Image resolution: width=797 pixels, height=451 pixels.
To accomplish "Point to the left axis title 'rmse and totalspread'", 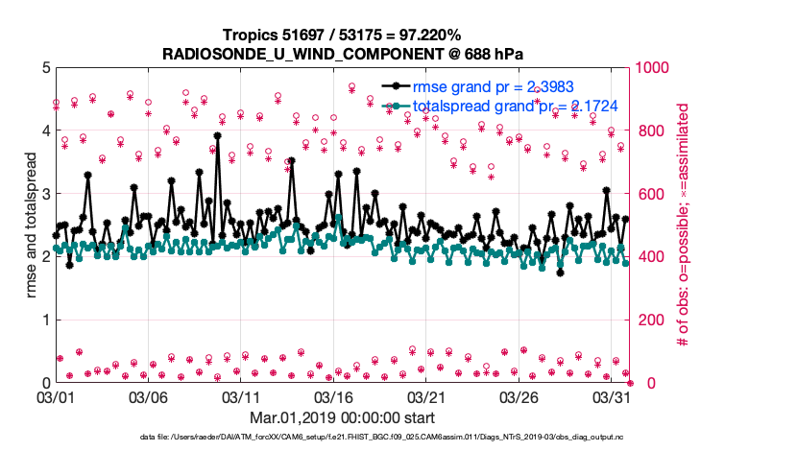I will (x=32, y=225).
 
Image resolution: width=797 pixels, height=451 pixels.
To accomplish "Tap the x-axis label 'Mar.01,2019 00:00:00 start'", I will (x=342, y=417).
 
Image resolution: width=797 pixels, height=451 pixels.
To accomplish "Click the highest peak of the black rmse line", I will (x=218, y=136).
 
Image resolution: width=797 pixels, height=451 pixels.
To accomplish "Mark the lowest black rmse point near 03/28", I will (x=560, y=272).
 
